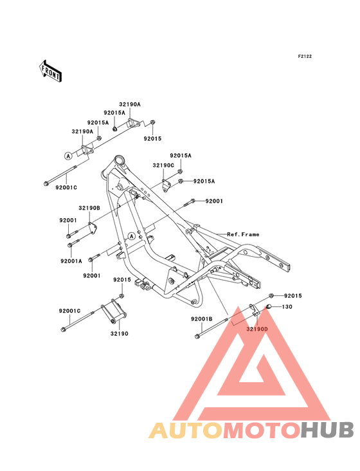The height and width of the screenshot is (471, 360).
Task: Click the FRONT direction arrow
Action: (50, 71)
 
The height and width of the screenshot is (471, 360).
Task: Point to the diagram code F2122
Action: (305, 56)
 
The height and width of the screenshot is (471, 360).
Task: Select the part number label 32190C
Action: (163, 165)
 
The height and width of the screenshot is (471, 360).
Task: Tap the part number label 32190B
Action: (89, 208)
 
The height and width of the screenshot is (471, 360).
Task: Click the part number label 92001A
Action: (71, 261)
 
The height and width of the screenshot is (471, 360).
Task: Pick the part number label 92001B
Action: (202, 319)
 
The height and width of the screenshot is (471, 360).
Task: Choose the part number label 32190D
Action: (257, 329)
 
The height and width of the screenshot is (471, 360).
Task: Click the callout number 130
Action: (287, 307)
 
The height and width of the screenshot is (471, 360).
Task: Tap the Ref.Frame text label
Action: (243, 234)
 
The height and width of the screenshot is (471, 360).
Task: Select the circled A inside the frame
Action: (131, 236)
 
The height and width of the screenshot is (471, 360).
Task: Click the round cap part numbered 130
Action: (269, 306)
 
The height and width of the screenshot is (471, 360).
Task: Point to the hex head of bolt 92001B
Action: (197, 337)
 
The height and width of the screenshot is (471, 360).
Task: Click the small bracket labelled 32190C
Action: (166, 185)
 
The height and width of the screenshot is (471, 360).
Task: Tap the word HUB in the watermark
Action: (327, 430)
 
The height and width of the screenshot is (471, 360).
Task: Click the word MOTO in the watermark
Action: (261, 430)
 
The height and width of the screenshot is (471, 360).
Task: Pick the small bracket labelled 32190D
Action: (254, 310)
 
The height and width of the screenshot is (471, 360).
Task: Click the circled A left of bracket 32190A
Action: (68, 156)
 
